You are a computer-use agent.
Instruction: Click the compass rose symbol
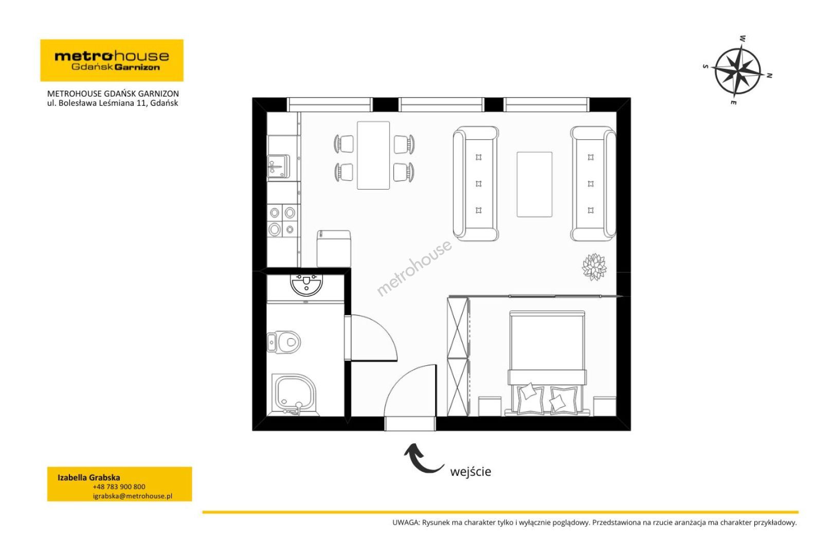[x=737, y=70]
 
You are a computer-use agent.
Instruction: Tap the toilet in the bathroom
[x=284, y=341]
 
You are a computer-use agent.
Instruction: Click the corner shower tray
[x=295, y=395]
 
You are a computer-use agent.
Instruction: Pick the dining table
[x=373, y=155]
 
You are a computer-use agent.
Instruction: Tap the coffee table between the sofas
[x=534, y=184]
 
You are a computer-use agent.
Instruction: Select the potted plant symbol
[x=594, y=267]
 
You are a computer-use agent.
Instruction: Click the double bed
[x=547, y=362]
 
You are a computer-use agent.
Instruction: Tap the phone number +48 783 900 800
[x=119, y=487]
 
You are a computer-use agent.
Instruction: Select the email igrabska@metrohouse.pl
[x=132, y=496]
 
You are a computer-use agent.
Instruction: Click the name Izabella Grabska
[x=89, y=477]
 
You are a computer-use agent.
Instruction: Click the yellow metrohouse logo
[x=112, y=60]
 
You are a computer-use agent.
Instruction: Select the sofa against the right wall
[x=593, y=183]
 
